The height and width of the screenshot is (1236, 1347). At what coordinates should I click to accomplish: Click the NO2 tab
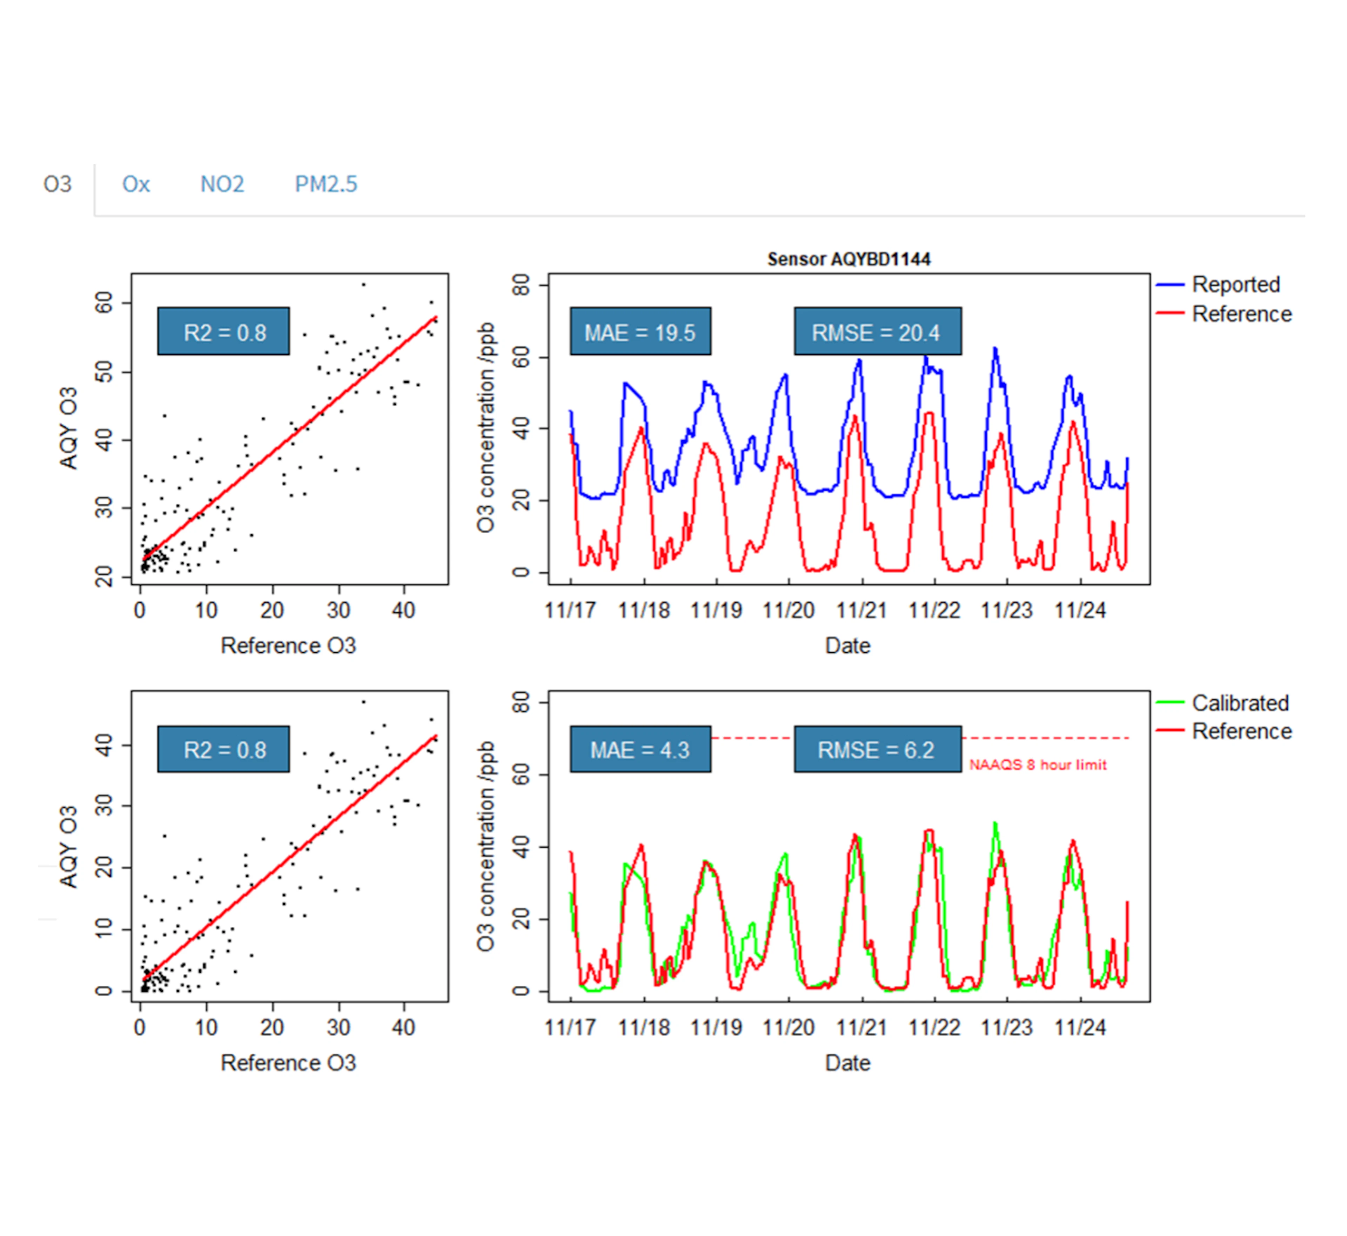(x=222, y=184)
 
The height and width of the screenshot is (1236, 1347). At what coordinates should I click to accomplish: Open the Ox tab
(x=136, y=184)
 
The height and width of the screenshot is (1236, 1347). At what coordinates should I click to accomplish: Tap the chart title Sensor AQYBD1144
(x=849, y=259)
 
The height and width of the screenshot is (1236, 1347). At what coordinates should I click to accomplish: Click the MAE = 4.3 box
(x=641, y=750)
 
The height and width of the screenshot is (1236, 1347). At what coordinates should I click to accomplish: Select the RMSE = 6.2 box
(x=877, y=750)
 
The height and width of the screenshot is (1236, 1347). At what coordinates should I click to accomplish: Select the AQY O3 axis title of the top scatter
(x=69, y=428)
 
